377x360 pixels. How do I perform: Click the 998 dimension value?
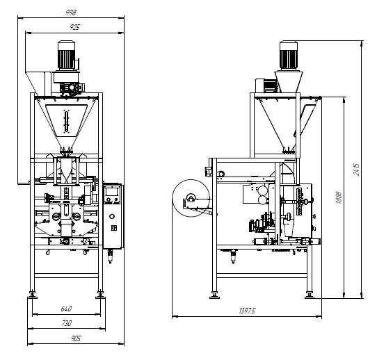point(71,13)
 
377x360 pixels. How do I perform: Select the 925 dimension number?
point(74,27)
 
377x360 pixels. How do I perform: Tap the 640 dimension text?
point(66,309)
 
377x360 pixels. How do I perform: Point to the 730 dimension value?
point(66,323)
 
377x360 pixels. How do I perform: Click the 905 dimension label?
point(76,338)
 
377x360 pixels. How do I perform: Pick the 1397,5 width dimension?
point(247,311)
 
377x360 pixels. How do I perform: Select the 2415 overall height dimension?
point(357,170)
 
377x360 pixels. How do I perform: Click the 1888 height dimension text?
point(339,197)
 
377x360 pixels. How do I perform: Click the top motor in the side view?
point(289,56)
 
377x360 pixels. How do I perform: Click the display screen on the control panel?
point(112,191)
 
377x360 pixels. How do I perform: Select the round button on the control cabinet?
point(112,216)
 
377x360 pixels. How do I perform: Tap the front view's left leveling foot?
point(33,295)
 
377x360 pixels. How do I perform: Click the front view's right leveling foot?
point(100,295)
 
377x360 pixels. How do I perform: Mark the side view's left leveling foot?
point(214,295)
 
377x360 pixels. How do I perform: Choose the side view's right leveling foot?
point(310,295)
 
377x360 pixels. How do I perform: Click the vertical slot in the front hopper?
point(66,122)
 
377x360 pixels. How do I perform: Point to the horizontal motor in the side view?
point(266,85)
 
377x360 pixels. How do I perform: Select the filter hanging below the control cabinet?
point(111,256)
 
